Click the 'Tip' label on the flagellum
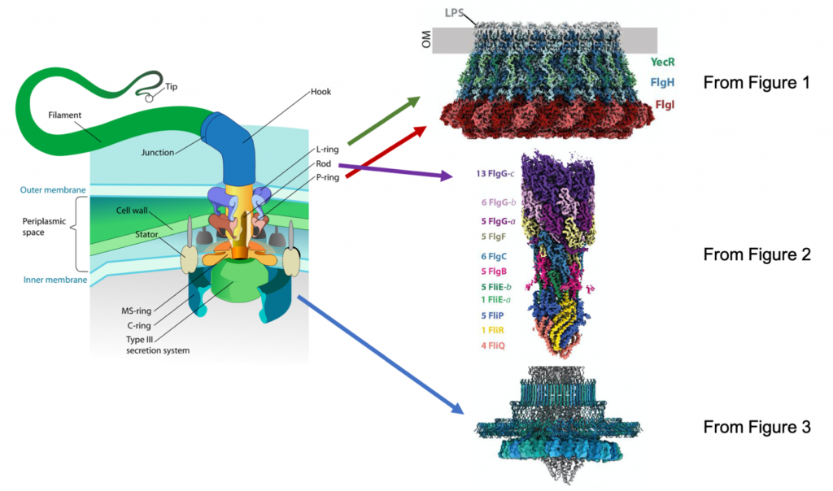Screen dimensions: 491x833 [x=172, y=87]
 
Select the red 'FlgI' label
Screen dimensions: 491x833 [x=665, y=105]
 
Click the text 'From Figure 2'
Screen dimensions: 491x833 [x=757, y=255]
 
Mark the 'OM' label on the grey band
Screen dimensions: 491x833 [x=426, y=40]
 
